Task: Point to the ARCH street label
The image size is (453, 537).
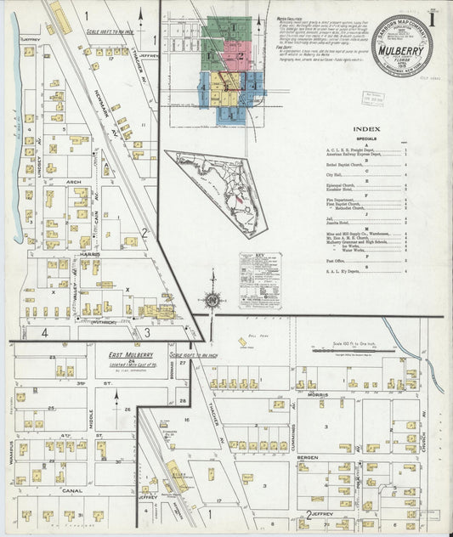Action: tap(74, 182)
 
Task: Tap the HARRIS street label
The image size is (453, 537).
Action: tap(90, 252)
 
